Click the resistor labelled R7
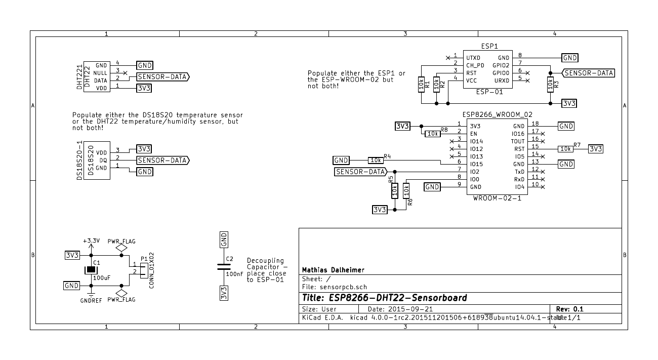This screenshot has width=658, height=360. pyautogui.click(x=565, y=149)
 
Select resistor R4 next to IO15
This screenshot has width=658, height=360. pyautogui.click(x=376, y=160)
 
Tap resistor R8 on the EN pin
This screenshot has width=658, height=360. pyautogui.click(x=432, y=134)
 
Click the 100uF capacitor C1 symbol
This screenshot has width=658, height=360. pyautogui.click(x=91, y=270)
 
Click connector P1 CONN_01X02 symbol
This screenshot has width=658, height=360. pyautogui.click(x=143, y=270)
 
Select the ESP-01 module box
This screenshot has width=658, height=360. pyautogui.click(x=486, y=69)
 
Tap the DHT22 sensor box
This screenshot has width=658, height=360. pyautogui.click(x=97, y=76)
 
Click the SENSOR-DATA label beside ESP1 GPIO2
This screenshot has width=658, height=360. pyautogui.click(x=589, y=73)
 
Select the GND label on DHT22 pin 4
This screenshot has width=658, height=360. pyautogui.click(x=145, y=65)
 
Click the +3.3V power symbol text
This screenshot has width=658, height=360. pyautogui.click(x=91, y=241)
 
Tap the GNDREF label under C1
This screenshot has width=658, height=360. pyautogui.click(x=91, y=300)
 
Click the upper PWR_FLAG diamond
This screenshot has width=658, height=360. pyautogui.click(x=121, y=249)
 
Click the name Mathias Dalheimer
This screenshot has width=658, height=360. pyautogui.click(x=333, y=269)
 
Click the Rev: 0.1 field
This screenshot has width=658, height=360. pyautogui.click(x=569, y=309)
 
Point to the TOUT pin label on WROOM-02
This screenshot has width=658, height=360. pyautogui.click(x=518, y=141)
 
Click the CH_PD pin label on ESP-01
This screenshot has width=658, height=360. pyautogui.click(x=475, y=65)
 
